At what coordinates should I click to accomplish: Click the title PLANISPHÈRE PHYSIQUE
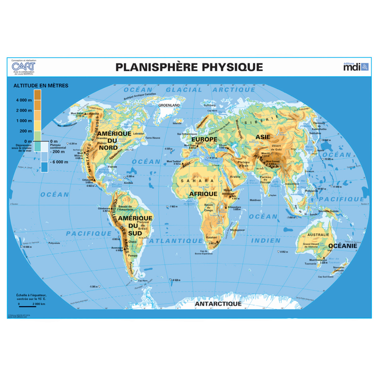tap(189, 67)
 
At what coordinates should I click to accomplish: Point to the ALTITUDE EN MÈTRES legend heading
tap(41, 86)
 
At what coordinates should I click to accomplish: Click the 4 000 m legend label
tap(23, 100)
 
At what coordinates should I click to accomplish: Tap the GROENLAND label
tap(169, 105)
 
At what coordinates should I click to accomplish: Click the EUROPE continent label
tap(204, 139)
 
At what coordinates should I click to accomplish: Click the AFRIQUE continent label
tap(203, 194)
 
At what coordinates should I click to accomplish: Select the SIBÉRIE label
tap(256, 121)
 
